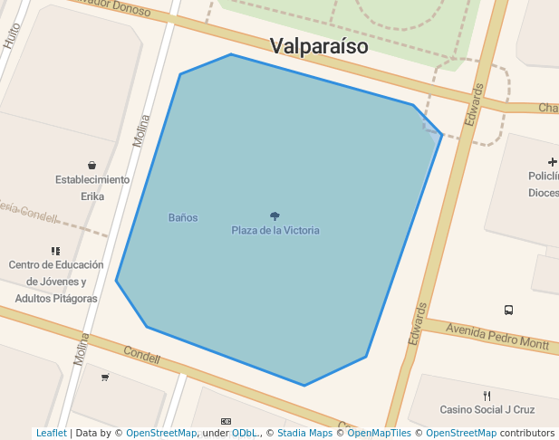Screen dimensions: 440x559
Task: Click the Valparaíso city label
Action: click(319, 46)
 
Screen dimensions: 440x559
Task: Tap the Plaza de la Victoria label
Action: click(275, 230)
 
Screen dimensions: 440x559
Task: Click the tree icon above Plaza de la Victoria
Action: click(275, 215)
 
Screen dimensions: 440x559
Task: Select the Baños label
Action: click(183, 217)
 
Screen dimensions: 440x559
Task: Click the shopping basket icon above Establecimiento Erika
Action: click(92, 165)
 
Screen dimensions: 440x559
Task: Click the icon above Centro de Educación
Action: click(56, 251)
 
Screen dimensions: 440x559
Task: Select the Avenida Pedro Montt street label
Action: click(497, 337)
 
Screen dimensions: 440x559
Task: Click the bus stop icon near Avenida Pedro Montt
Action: click(508, 310)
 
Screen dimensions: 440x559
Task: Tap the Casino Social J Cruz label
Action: click(487, 409)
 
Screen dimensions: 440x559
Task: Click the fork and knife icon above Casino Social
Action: click(487, 395)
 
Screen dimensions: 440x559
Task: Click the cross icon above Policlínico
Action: click(553, 161)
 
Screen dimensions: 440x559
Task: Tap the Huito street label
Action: click(12, 34)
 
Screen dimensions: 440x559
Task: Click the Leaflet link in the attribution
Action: click(51, 434)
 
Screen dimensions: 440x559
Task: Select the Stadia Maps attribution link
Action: click(304, 434)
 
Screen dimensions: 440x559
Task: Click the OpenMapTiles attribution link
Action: click(379, 434)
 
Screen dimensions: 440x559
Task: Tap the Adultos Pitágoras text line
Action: click(56, 298)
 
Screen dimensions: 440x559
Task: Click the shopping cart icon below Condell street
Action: click(105, 377)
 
